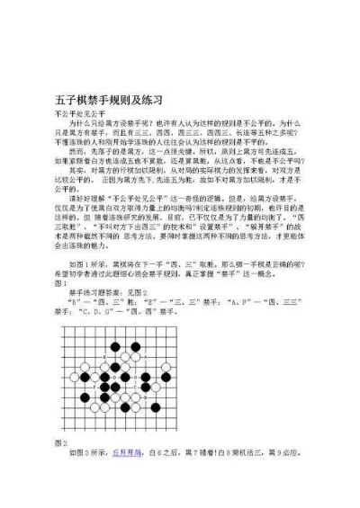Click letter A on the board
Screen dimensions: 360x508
click(x=146, y=357)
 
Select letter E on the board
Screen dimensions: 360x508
click(x=105, y=357)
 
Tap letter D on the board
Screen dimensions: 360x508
click(x=115, y=378)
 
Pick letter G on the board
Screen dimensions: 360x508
click(x=135, y=378)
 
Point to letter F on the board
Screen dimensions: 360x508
click(x=94, y=388)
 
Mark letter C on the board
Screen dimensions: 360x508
click(x=135, y=388)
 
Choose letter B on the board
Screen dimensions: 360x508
click(x=146, y=397)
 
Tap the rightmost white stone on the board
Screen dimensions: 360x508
click(x=166, y=367)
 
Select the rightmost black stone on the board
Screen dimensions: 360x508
click(x=166, y=378)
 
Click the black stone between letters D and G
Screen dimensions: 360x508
click(x=125, y=378)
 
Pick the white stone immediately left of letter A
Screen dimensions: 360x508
click(x=136, y=357)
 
